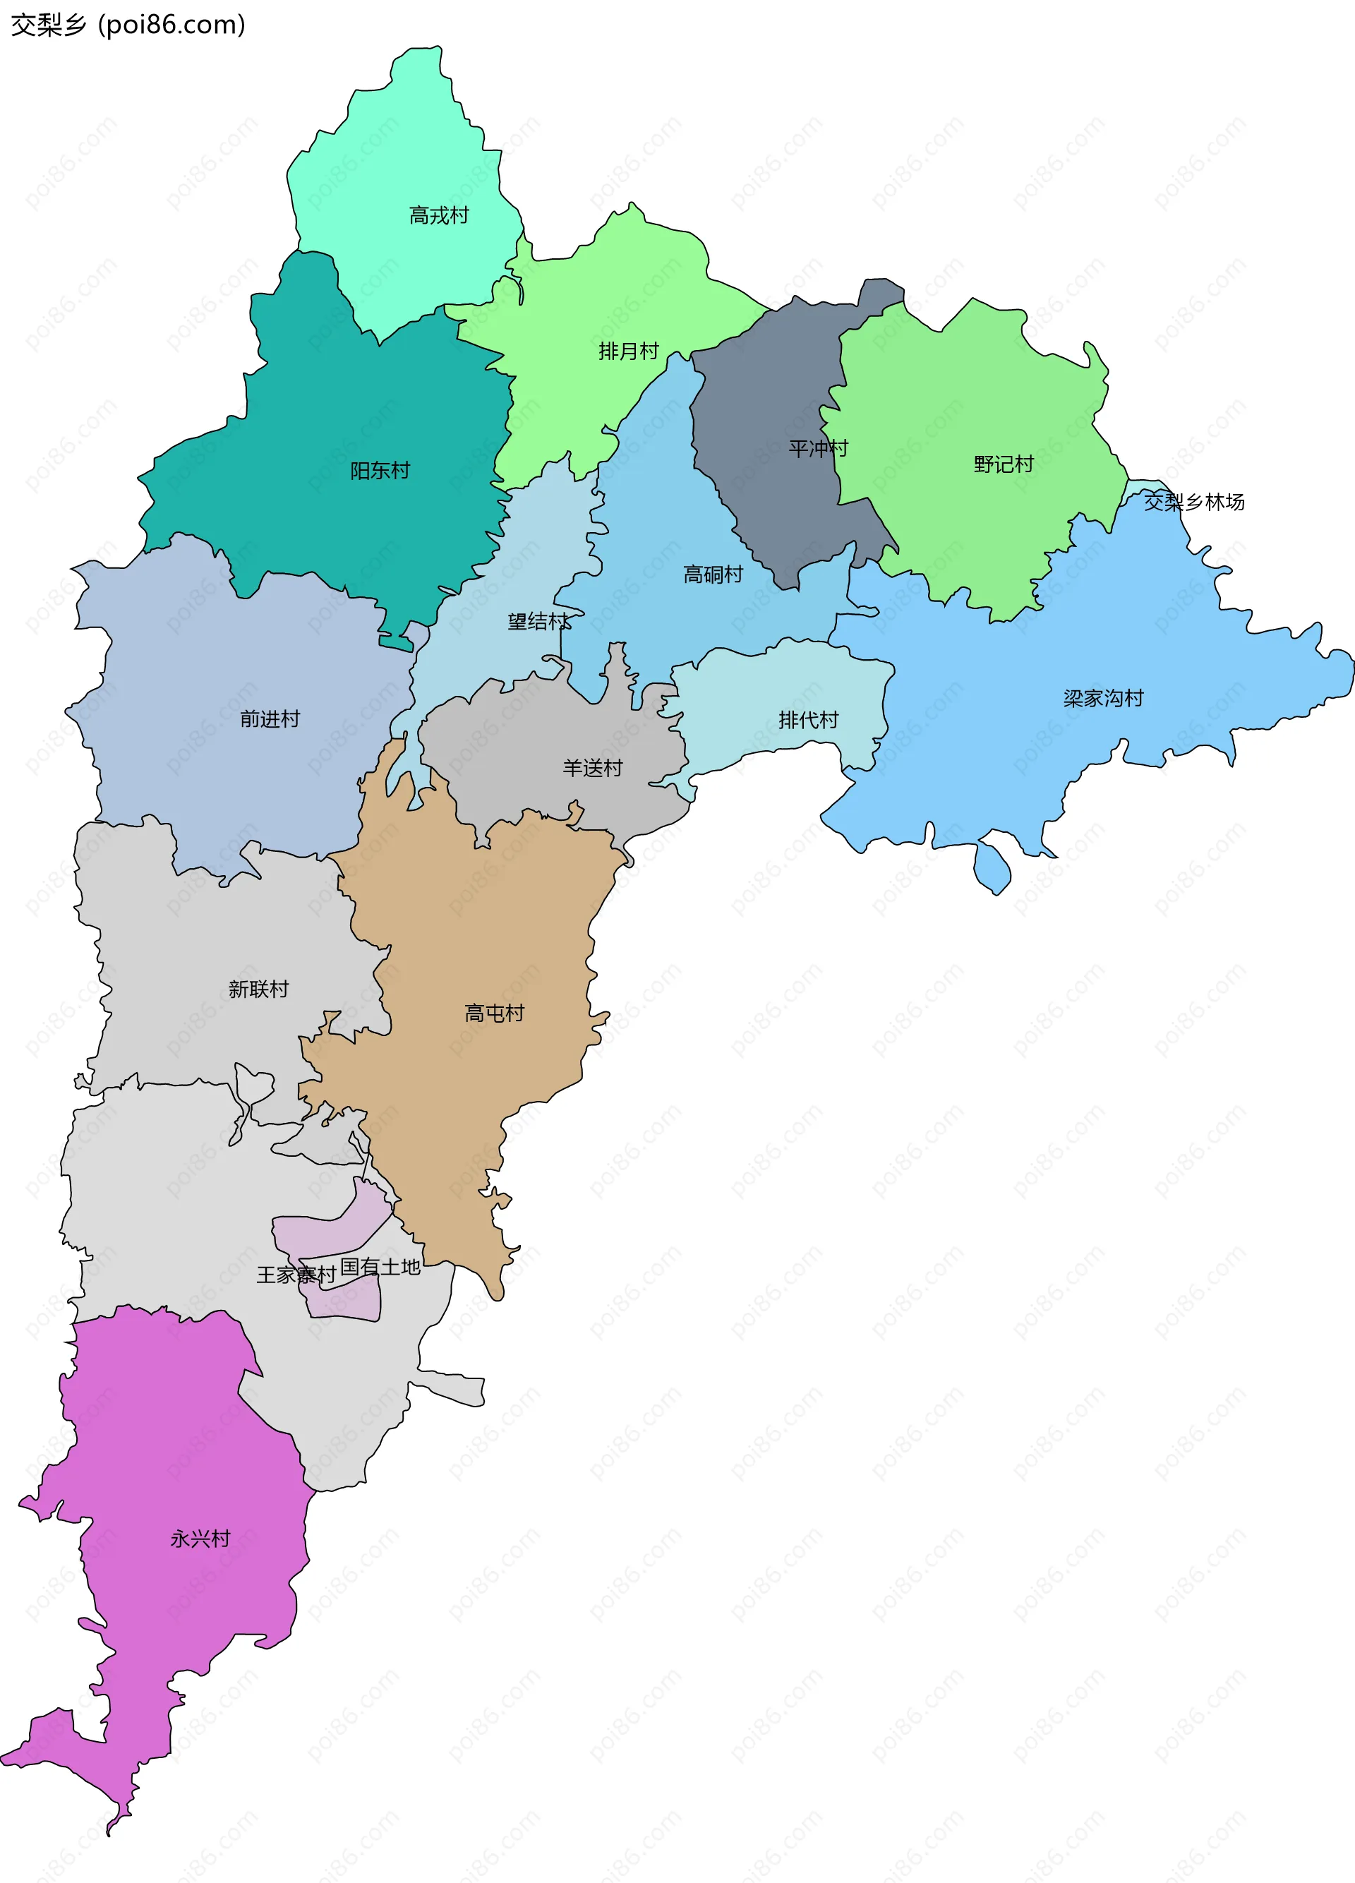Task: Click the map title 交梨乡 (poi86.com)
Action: pyautogui.click(x=128, y=25)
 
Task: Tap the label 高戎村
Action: pyautogui.click(x=438, y=216)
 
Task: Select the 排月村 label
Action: pyautogui.click(x=629, y=352)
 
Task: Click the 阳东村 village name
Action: pyautogui.click(x=380, y=471)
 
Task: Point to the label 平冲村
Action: pyautogui.click(x=818, y=449)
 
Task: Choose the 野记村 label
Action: pyautogui.click(x=1003, y=465)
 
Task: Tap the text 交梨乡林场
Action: pyautogui.click(x=1194, y=503)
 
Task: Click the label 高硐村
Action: pyautogui.click(x=712, y=574)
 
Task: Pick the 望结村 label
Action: pyautogui.click(x=539, y=622)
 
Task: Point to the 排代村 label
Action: pyautogui.click(x=808, y=721)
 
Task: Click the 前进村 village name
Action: pyautogui.click(x=269, y=720)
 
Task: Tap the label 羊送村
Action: pyautogui.click(x=592, y=769)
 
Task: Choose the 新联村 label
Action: pyautogui.click(x=258, y=989)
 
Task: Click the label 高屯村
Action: pyautogui.click(x=494, y=1013)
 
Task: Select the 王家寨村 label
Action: pyautogui.click(x=296, y=1275)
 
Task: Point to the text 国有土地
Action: pyautogui.click(x=380, y=1268)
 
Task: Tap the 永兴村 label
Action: pyautogui.click(x=200, y=1539)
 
